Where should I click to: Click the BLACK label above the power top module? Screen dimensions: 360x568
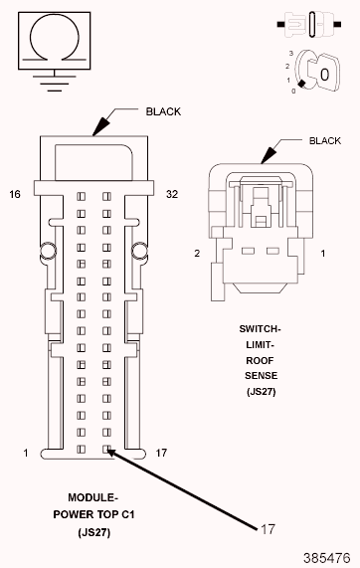163,111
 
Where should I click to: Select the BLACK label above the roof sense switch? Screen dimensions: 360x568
325,140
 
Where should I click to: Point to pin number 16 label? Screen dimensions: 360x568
15,195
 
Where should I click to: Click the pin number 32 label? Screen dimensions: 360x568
172,195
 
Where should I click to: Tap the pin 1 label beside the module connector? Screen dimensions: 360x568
25,453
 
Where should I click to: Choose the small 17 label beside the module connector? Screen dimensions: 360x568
161,453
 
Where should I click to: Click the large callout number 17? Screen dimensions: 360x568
268,529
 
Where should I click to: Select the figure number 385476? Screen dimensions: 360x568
327,558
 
